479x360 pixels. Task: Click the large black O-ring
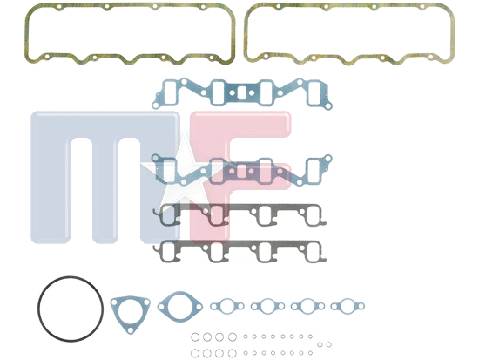point(38,309)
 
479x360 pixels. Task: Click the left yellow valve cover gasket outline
point(27,34)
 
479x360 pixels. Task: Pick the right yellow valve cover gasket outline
point(246,34)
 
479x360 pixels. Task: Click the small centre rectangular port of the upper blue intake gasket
point(241,92)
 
